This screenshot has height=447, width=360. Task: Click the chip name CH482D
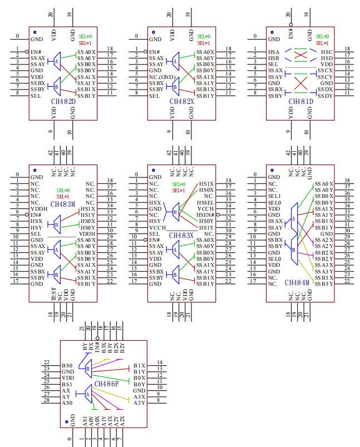(x=63, y=102)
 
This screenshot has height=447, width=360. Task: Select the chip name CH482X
(x=182, y=102)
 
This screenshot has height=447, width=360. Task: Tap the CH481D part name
(x=300, y=102)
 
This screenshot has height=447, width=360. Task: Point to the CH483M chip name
(x=62, y=204)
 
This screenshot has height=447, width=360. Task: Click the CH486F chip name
(x=107, y=384)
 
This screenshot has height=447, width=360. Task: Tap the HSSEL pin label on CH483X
(x=205, y=202)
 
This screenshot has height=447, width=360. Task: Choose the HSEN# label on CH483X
(x=205, y=215)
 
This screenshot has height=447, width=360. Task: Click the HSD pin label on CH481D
(x=327, y=58)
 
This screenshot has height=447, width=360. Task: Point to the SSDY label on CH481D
(x=326, y=96)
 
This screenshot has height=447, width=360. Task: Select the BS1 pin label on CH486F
(x=67, y=385)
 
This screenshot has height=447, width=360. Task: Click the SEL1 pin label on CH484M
(x=274, y=196)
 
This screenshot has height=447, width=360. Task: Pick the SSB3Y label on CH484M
(x=324, y=284)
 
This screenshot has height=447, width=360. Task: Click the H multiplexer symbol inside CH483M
(x=56, y=225)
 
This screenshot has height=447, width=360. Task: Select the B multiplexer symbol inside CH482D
(x=56, y=86)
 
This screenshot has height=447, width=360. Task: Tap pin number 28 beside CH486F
(x=47, y=400)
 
